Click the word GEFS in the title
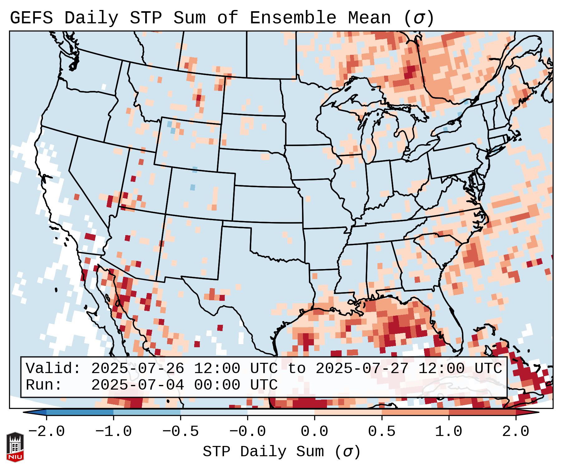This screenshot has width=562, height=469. tap(31, 18)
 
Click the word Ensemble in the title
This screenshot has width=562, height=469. tap(293, 18)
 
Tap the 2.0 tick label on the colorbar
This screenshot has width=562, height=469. tap(516, 432)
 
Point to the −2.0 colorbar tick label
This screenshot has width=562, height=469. tap(46, 432)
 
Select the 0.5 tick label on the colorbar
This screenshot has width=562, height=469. tap(382, 432)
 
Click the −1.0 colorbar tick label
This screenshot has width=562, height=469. tap(113, 432)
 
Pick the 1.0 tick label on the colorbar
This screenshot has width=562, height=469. tap(449, 432)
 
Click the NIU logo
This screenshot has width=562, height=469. tap(15, 447)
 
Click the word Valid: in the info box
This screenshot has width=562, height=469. tap(53, 368)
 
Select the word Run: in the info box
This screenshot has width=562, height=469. tap(44, 385)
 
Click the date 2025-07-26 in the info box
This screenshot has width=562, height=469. tap(137, 368)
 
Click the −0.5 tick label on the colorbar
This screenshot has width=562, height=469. tap(180, 432)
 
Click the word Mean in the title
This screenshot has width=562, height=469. tap(369, 18)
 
